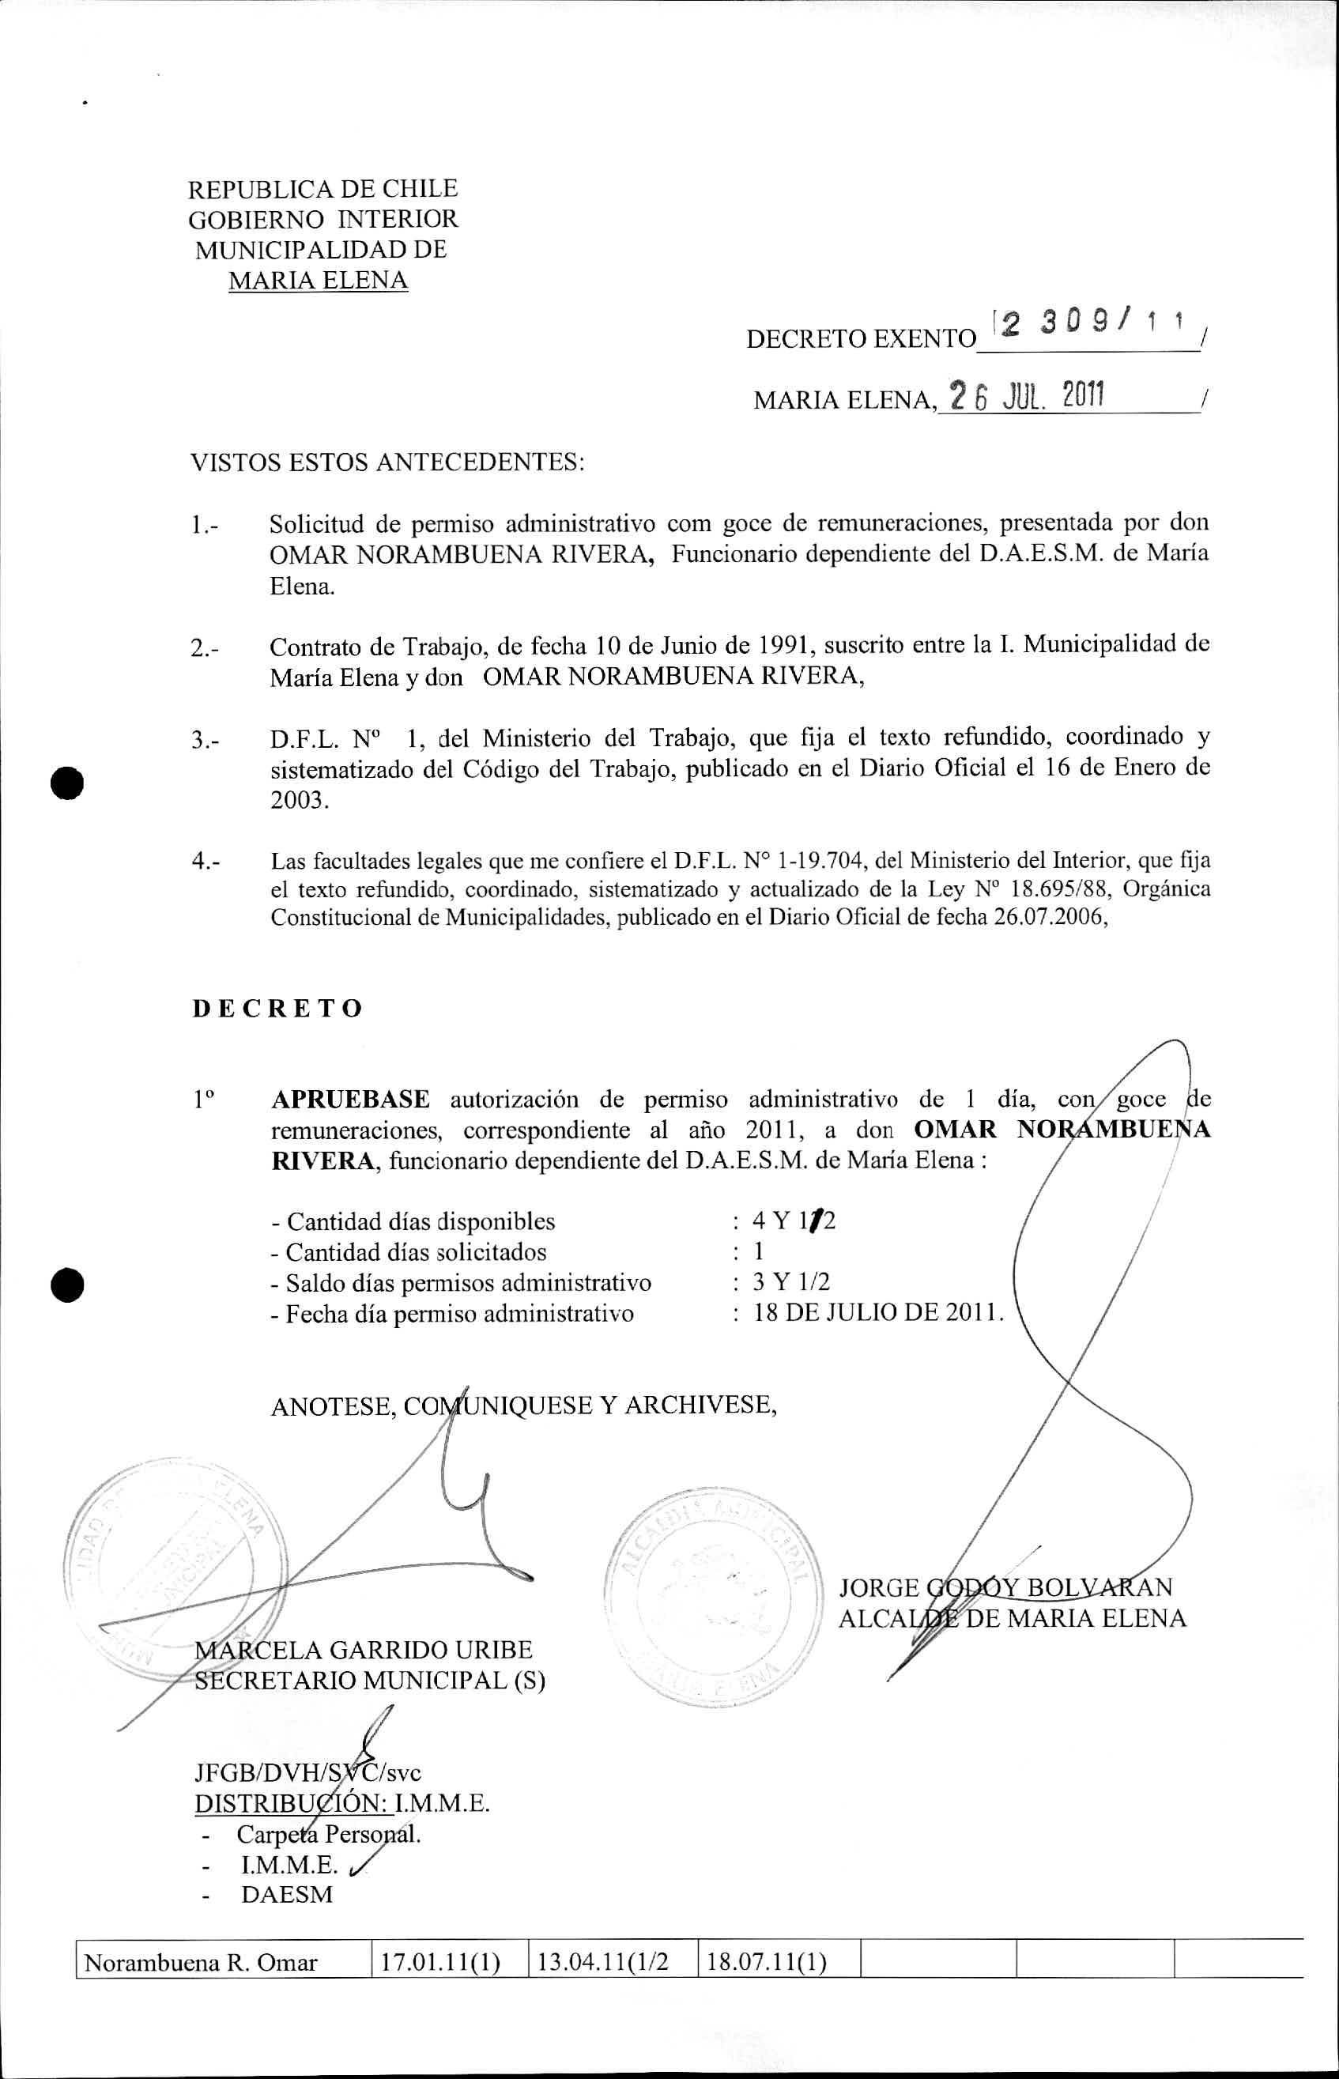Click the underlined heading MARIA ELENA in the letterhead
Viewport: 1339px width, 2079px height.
click(319, 281)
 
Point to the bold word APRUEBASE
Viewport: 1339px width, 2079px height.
click(350, 1099)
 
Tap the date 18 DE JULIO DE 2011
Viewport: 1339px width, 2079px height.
click(879, 1313)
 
